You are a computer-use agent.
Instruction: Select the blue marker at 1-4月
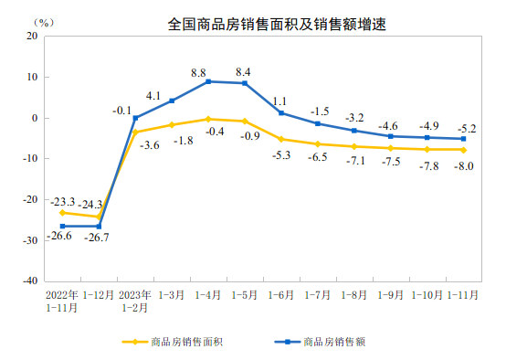click(x=208, y=81)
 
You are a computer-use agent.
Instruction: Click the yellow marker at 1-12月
click(x=99, y=217)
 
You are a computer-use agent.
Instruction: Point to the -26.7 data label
click(x=99, y=239)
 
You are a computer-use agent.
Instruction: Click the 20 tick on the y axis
click(x=30, y=37)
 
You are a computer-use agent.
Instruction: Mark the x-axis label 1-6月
click(x=281, y=296)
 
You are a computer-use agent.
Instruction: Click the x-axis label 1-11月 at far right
click(x=463, y=296)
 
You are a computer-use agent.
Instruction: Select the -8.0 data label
click(x=463, y=165)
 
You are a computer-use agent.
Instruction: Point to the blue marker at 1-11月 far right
click(x=463, y=139)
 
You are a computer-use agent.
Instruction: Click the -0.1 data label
click(x=122, y=110)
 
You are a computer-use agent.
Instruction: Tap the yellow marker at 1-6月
click(x=281, y=139)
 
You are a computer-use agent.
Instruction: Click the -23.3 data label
click(x=63, y=201)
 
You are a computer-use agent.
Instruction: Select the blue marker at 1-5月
click(x=245, y=83)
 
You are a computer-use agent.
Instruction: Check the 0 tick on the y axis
click(x=33, y=118)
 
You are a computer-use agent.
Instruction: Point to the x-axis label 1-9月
click(x=390, y=296)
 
